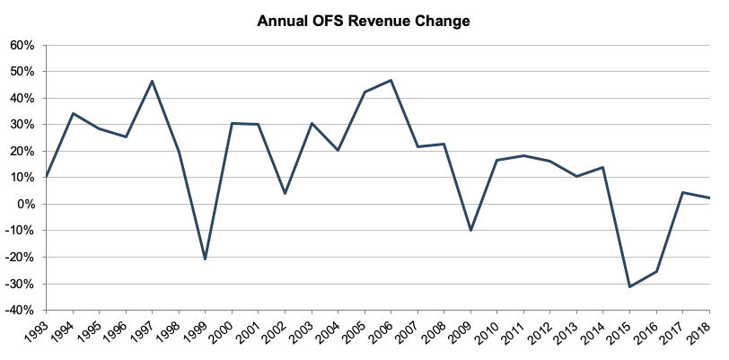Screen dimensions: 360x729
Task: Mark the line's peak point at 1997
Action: [x=153, y=81]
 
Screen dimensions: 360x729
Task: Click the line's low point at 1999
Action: [x=206, y=259]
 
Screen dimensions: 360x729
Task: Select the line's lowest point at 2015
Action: [x=630, y=286]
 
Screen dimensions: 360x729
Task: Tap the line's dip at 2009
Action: [x=471, y=231]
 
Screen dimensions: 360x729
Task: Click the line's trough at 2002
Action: [x=285, y=194]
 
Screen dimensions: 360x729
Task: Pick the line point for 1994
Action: [x=73, y=113]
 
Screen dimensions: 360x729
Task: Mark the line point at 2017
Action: [x=683, y=192]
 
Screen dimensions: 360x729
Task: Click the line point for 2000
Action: [x=233, y=123]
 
